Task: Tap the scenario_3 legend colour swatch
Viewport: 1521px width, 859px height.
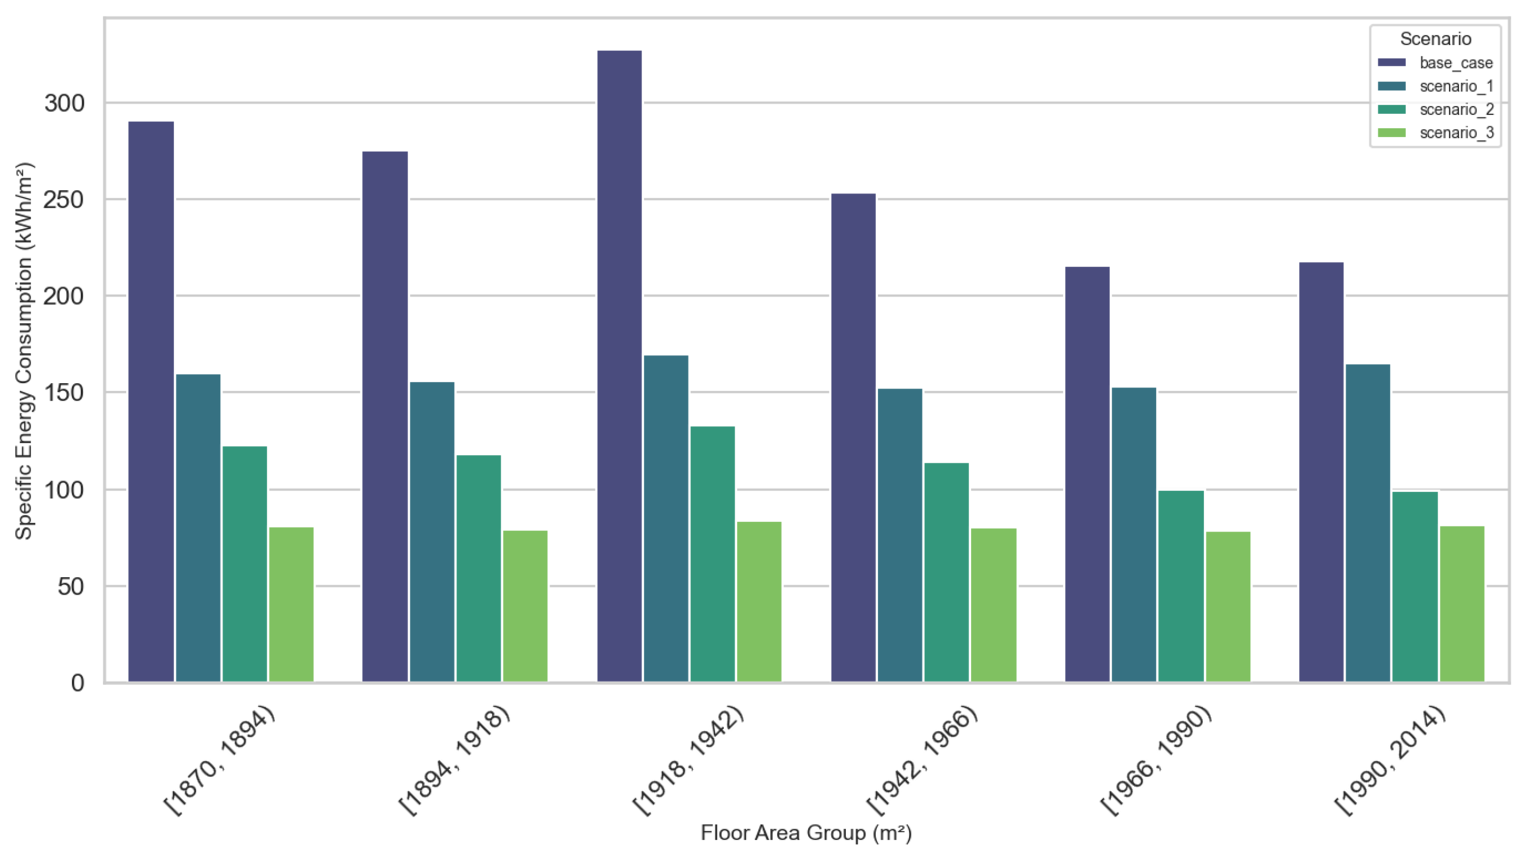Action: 1391,133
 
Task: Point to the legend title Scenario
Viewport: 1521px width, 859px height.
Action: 1436,39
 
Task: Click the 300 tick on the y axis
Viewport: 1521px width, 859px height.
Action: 65,103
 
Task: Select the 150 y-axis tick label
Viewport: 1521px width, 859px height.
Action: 65,393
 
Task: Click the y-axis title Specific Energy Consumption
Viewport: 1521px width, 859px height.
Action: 24,351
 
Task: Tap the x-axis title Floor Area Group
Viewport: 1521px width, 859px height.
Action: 806,833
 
